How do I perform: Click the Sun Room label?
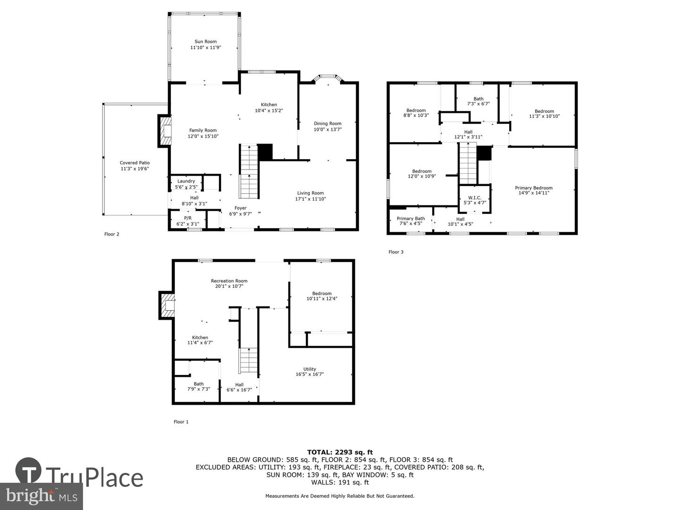(x=205, y=42)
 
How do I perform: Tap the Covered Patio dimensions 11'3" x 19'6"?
(x=135, y=169)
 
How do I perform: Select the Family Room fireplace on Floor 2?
(x=165, y=131)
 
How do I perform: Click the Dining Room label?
(x=327, y=124)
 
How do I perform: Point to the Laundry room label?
(x=186, y=181)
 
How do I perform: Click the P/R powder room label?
(x=187, y=218)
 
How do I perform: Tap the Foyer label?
(x=240, y=208)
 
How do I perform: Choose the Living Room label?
(x=310, y=193)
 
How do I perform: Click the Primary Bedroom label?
(x=534, y=188)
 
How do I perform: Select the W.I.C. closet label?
(x=475, y=197)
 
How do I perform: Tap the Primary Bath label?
(x=410, y=219)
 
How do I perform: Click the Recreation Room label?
(x=229, y=281)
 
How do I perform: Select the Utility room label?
(x=310, y=369)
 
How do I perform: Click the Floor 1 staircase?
(x=248, y=361)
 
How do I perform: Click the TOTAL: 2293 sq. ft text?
(x=340, y=452)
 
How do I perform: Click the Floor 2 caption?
(x=112, y=234)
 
